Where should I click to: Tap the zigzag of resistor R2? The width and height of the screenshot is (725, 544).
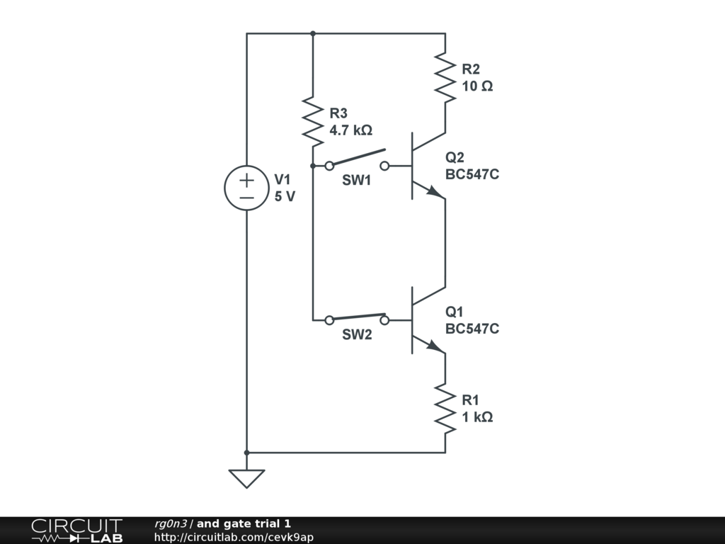pos(445,77)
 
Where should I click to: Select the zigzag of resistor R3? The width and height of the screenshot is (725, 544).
pos(313,122)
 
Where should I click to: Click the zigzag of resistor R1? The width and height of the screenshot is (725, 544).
pos(445,409)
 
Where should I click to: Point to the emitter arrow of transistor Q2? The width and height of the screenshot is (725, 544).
pos(435,191)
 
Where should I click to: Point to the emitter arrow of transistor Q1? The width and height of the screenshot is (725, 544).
pos(435,346)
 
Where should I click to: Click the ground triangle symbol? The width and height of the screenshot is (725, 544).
pos(246,479)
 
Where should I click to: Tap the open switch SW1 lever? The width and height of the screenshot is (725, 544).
pos(359,157)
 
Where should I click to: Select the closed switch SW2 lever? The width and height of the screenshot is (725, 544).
pos(359,317)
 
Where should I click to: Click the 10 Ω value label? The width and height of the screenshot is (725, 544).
pos(477,86)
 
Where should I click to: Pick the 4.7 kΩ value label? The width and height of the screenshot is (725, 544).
pos(350,130)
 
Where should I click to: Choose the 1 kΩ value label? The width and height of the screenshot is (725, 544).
pos(477,416)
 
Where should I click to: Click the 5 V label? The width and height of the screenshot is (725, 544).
pos(285,196)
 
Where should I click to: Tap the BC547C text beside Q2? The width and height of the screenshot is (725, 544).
pos(472,174)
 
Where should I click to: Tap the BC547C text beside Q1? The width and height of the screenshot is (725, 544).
pos(472,329)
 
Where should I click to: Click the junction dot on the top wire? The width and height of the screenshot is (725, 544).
pos(313,33)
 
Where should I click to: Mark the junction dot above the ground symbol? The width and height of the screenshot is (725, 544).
pos(246,453)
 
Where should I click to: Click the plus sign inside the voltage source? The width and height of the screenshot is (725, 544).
pos(247,180)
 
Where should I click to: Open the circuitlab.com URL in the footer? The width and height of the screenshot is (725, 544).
pos(234,537)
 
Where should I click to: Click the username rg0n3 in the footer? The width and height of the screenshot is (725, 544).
pos(171,523)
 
